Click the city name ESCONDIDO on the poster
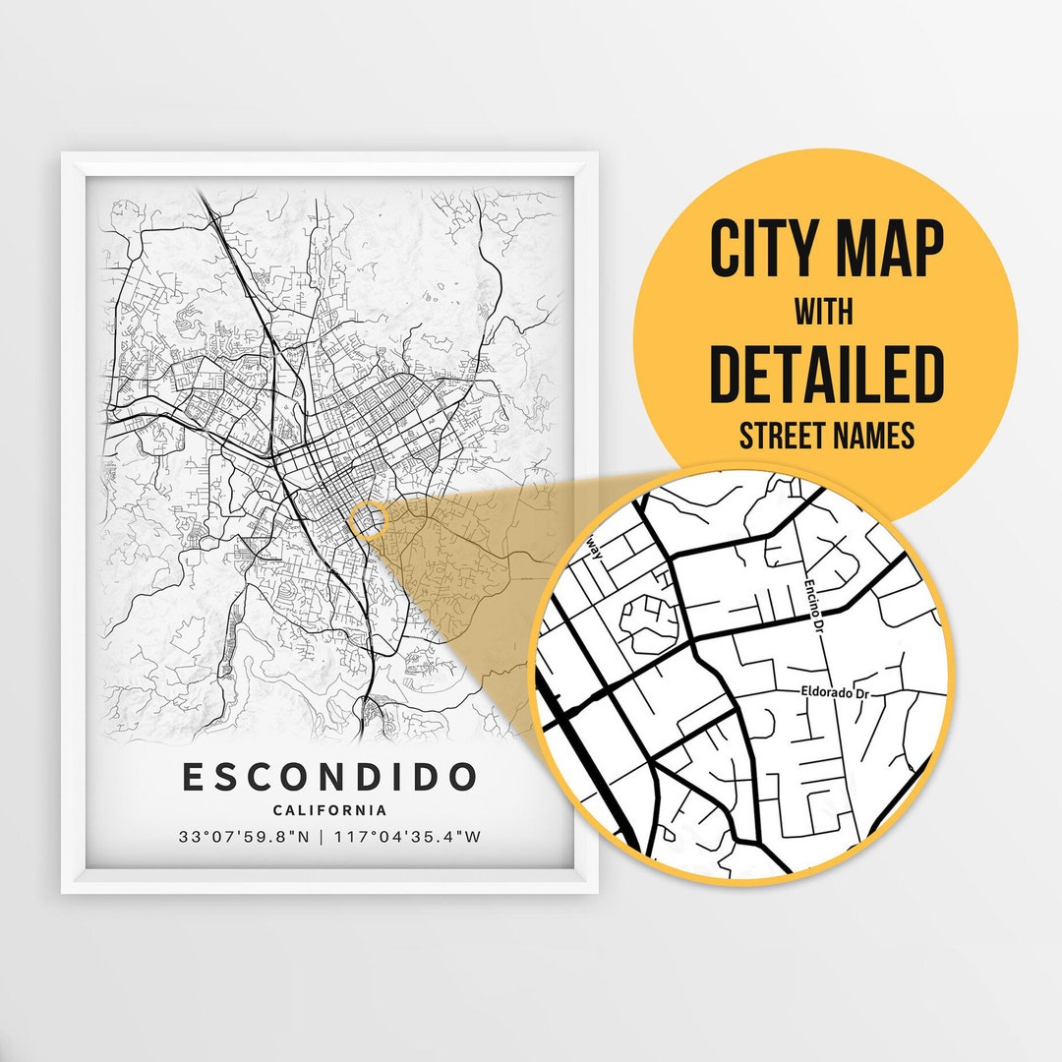tap(329, 777)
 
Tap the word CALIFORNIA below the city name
tap(329, 810)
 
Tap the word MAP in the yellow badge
tap(891, 250)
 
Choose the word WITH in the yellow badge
tap(825, 313)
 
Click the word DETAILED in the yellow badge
tap(826, 374)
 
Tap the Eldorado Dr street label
tap(833, 692)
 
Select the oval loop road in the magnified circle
tap(648, 625)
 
